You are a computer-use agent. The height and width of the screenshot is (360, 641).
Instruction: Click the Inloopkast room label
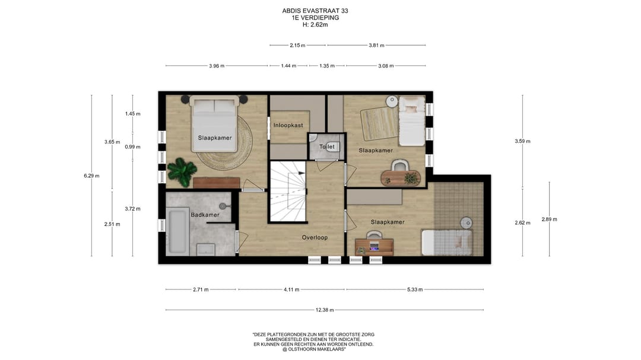(288, 125)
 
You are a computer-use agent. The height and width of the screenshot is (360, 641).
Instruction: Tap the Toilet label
(326, 146)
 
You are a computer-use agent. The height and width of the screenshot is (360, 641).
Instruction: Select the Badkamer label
(205, 215)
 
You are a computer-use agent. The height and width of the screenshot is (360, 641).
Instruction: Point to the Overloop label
(315, 237)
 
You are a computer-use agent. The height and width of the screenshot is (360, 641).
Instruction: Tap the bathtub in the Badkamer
(177, 231)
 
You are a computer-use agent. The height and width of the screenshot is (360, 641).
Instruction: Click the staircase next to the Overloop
(288, 191)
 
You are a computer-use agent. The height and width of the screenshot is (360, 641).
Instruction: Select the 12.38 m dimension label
(325, 310)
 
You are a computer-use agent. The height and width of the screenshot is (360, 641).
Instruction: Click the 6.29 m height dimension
(91, 176)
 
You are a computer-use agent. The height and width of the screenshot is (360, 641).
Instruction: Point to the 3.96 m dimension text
(217, 66)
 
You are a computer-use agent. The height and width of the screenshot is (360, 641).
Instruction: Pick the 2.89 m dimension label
(550, 219)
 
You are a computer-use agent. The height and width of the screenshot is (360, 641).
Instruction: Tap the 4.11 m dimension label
(291, 289)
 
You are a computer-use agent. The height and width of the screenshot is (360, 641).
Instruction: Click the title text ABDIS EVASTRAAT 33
(315, 11)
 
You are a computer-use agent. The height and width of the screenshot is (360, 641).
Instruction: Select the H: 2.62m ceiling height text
(315, 24)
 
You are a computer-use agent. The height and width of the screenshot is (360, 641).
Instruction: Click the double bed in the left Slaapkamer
(214, 123)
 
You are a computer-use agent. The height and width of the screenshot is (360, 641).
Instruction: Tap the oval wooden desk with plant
(401, 178)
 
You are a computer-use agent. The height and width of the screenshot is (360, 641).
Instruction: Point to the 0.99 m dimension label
(133, 146)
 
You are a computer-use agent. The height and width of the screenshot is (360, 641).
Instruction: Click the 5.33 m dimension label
(415, 289)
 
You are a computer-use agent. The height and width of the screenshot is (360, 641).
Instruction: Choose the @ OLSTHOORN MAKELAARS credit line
(314, 349)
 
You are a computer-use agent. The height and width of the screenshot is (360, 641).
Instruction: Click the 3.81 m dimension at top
(376, 45)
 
